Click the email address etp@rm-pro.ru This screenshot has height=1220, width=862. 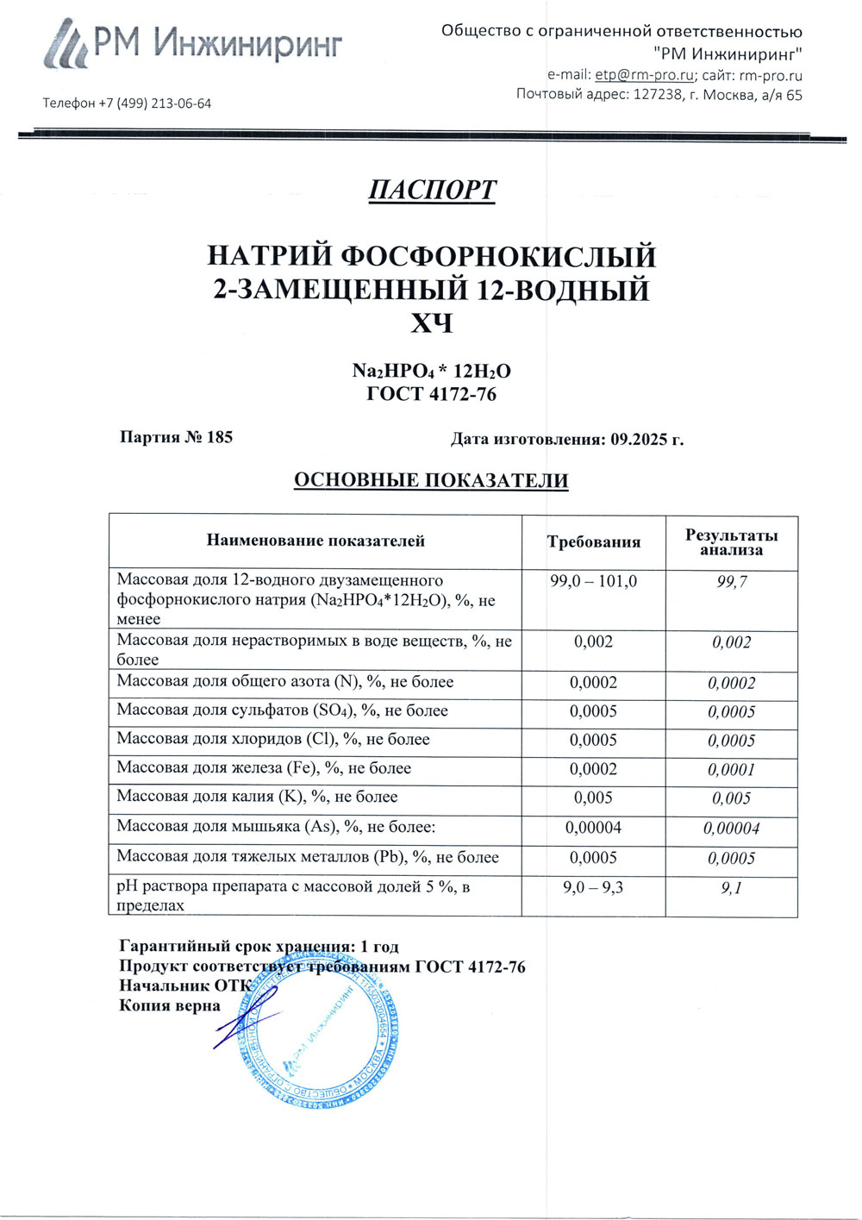pyautogui.click(x=644, y=75)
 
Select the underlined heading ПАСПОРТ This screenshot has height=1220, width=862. pyautogui.click(x=432, y=190)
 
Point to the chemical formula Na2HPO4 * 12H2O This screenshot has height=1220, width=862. pyautogui.click(x=431, y=371)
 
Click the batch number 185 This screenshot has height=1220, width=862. pyautogui.click(x=220, y=437)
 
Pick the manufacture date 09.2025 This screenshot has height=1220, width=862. pyautogui.click(x=640, y=439)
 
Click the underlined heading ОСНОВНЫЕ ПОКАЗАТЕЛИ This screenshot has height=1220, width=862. pyautogui.click(x=431, y=481)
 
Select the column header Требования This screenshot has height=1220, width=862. pyautogui.click(x=593, y=542)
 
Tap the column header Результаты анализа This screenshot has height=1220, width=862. pyautogui.click(x=731, y=542)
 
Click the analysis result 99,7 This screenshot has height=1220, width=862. pyautogui.click(x=731, y=582)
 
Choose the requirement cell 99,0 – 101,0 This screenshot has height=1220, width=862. pyautogui.click(x=593, y=582)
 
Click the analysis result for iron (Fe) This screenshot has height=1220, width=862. pyautogui.click(x=731, y=770)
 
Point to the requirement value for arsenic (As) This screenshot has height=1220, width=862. pyautogui.click(x=593, y=828)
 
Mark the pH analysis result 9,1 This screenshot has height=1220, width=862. pyautogui.click(x=731, y=888)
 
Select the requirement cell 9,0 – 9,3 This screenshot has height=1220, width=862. pyautogui.click(x=593, y=887)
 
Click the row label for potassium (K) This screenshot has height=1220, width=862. pyautogui.click(x=257, y=798)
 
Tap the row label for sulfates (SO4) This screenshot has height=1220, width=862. pyautogui.click(x=282, y=711)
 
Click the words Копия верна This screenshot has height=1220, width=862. pyautogui.click(x=169, y=1005)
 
